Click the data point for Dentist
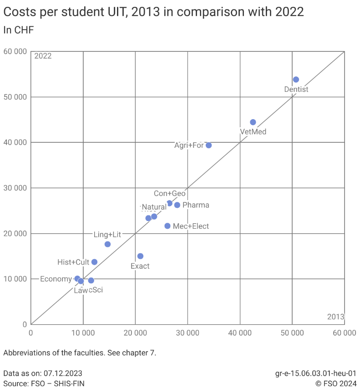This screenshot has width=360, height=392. pos(296,80)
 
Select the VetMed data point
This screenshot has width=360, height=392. pos(253,122)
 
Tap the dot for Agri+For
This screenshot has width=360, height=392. pos(209,146)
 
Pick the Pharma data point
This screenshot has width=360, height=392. pos(177,205)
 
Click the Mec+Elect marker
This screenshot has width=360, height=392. pos(167,226)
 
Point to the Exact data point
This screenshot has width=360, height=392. pos(140,256)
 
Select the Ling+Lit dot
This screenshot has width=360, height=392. pos(107,244)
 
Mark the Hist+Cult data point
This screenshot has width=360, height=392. pos(94,262)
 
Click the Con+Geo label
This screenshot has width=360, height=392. pos(169,194)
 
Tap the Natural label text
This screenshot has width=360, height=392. pos(154,207)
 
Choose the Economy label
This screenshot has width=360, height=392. pos(56,279)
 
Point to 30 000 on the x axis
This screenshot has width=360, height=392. pos(188,333)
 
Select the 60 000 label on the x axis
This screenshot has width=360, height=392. pos(344,333)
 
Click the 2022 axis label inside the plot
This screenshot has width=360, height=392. pos(43,56)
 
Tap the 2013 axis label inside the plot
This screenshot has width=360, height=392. pos(335,317)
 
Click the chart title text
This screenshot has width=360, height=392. pos(153,12)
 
